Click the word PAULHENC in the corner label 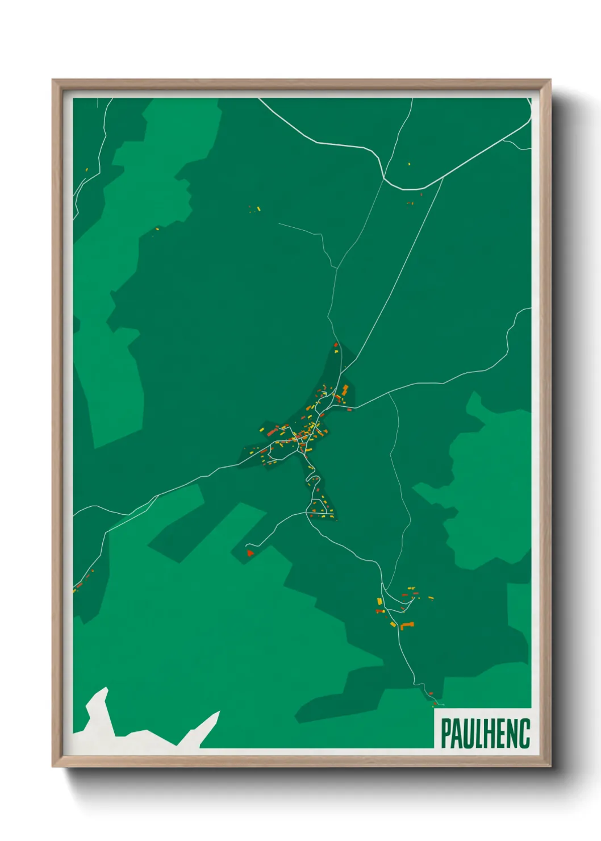[x=485, y=733]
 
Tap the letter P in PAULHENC [x=446, y=734]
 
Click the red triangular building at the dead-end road [x=249, y=552]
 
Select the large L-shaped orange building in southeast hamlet [x=407, y=626]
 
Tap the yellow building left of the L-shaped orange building [x=393, y=624]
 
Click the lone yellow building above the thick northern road [x=409, y=164]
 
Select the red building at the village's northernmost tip [x=336, y=344]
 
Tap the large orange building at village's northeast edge [x=345, y=390]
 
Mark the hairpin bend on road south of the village [x=311, y=480]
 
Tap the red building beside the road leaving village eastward [x=349, y=409]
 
